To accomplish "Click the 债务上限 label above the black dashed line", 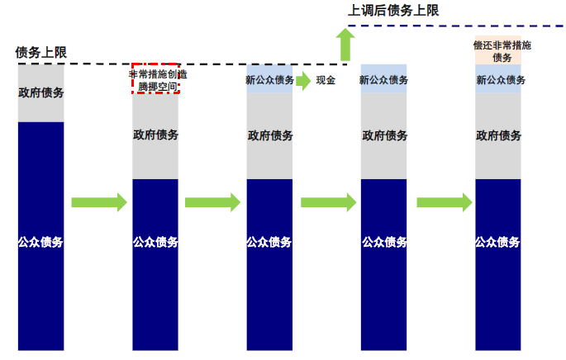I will pos(40,52).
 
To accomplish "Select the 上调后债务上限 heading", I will pos(393,11).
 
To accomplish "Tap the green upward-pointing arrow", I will pos(345,45).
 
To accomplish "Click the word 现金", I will pos(326,80).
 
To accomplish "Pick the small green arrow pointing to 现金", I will pos(302,80).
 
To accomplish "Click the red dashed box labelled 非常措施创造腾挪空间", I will pos(155,79).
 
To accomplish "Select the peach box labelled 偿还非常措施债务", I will pos(498,50).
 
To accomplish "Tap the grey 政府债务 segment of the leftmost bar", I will pos(40,92).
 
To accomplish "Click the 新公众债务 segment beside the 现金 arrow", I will pos(269,79).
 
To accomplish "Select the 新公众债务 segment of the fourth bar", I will pos(383,79).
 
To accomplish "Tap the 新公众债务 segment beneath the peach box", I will pos(498,79).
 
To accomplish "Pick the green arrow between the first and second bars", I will pos(98,202).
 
